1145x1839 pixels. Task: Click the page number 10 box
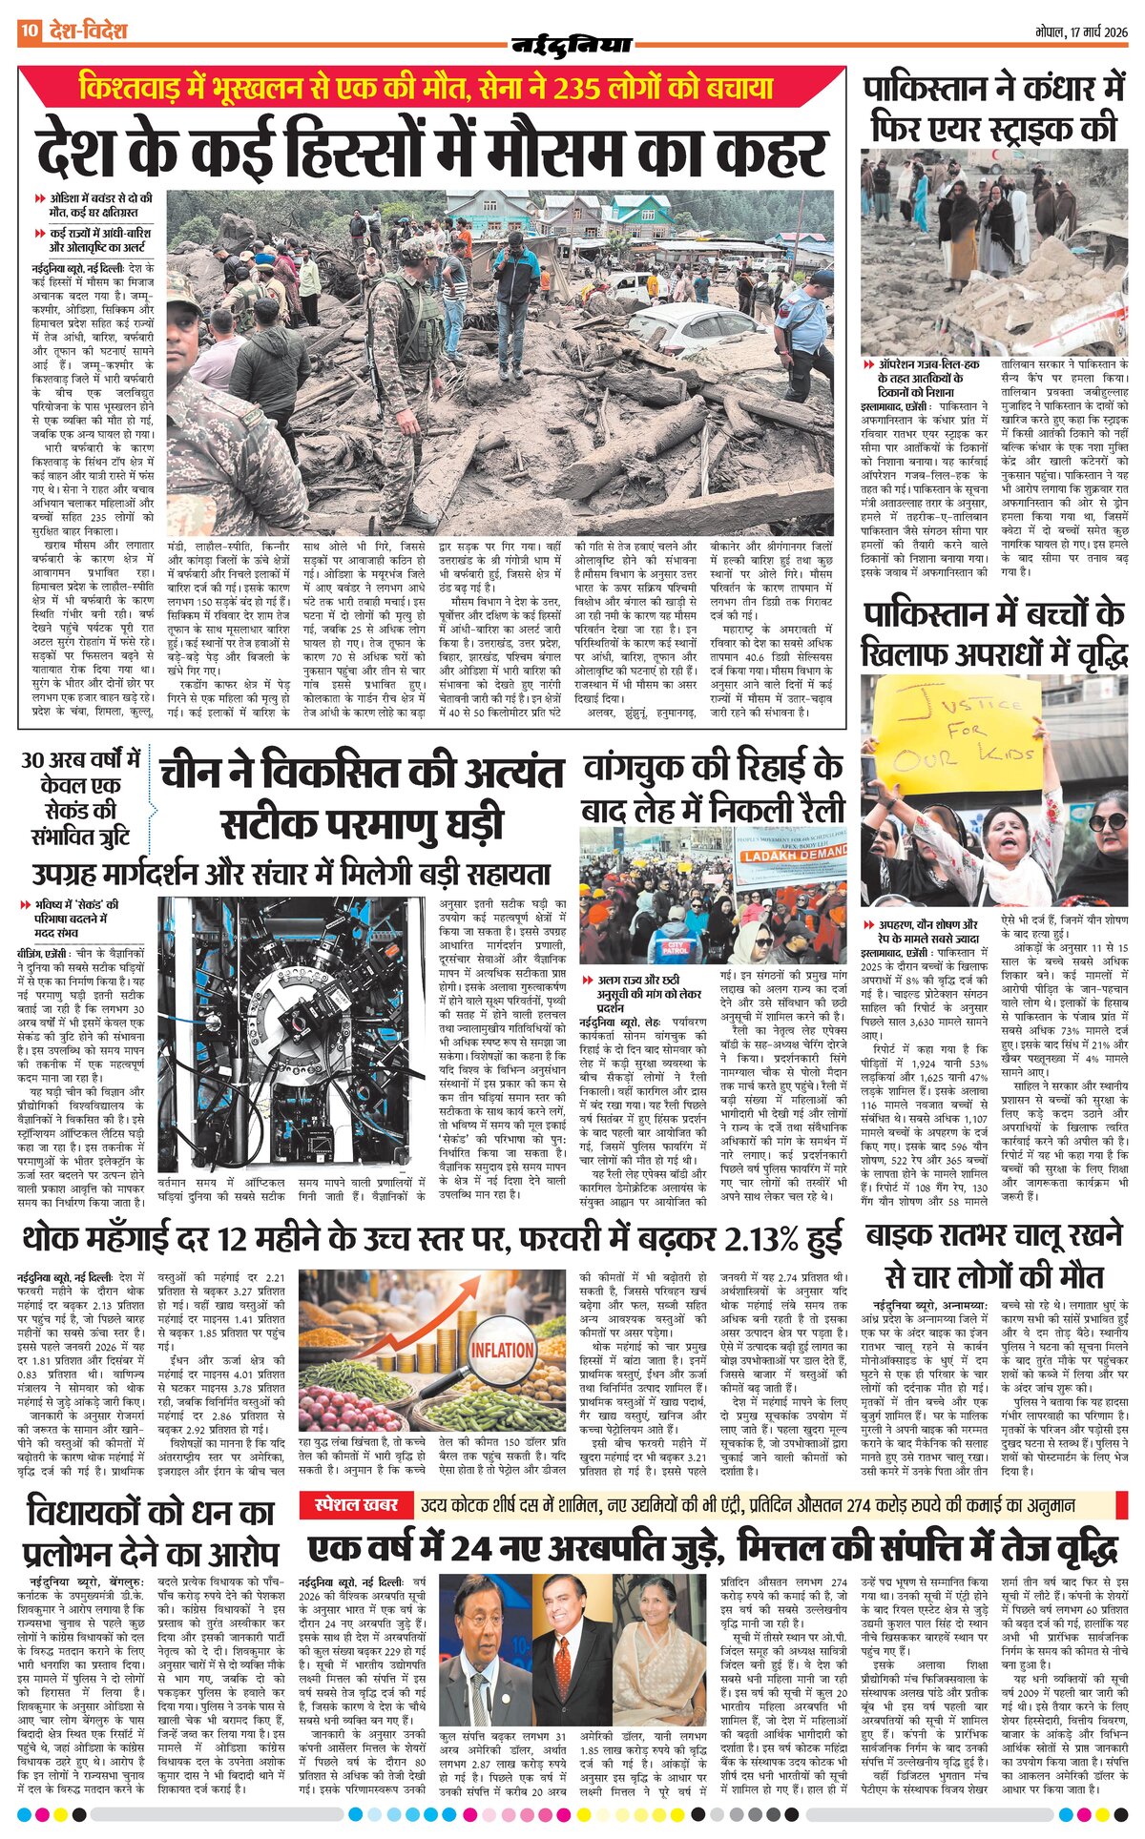pos(29,31)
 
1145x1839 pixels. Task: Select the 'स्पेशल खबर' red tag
pos(356,1506)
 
